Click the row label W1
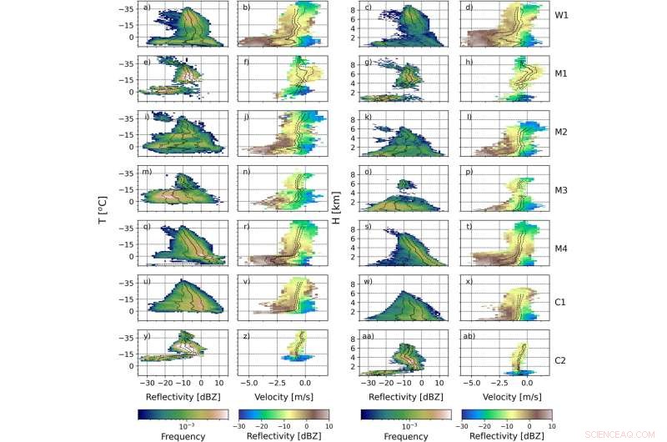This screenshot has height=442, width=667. pos(561,16)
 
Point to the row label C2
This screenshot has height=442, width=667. pos(561,361)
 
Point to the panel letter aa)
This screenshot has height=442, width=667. pos(369,336)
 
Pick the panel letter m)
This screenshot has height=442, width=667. pos(148,172)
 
